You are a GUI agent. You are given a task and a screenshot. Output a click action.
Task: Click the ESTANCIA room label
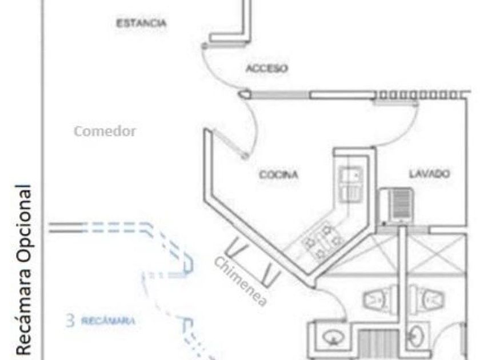(x=142, y=23)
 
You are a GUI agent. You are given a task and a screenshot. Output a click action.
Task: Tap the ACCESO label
(x=267, y=68)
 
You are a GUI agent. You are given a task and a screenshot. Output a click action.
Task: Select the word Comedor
(x=105, y=131)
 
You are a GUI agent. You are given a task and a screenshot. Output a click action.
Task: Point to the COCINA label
(x=279, y=174)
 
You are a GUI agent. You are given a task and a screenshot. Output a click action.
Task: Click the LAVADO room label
(x=430, y=174)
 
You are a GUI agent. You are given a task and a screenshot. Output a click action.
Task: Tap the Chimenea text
(x=241, y=281)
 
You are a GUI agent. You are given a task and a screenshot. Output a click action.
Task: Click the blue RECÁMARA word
(x=108, y=321)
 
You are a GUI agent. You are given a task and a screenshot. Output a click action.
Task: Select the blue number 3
(x=70, y=321)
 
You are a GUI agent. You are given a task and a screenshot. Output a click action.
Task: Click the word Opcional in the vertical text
(x=24, y=223)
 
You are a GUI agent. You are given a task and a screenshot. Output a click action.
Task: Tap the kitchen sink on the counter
(x=351, y=184)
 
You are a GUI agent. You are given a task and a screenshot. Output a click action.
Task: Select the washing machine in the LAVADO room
(x=396, y=205)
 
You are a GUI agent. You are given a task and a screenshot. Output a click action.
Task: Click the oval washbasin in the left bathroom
(x=334, y=338)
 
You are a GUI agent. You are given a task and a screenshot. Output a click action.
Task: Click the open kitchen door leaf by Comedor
(x=230, y=143)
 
